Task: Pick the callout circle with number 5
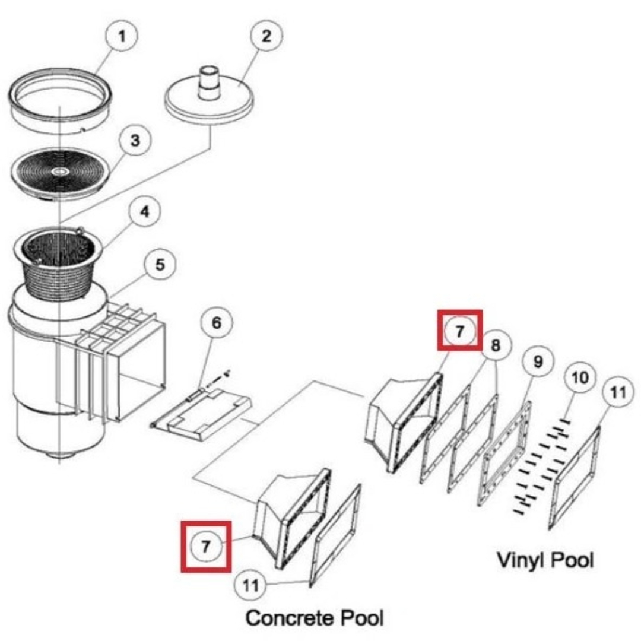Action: tap(161, 264)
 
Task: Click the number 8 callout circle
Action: tap(496, 344)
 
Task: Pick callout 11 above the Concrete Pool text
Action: tap(252, 586)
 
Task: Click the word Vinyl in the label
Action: tap(517, 560)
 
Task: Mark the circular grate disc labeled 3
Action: tap(59, 172)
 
